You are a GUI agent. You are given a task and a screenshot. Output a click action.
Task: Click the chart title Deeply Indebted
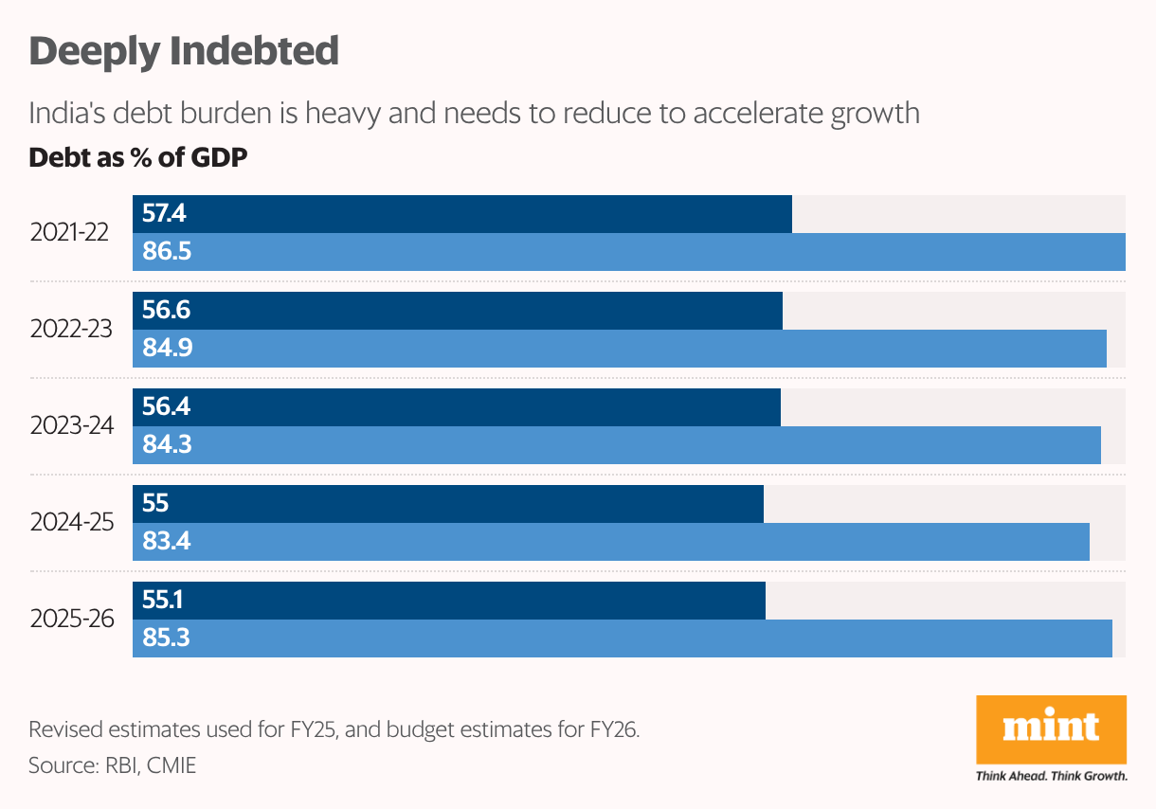pos(184,51)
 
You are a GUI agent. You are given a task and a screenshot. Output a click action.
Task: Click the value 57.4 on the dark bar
pos(164,214)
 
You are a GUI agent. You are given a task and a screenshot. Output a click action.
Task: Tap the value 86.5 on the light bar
pos(167,252)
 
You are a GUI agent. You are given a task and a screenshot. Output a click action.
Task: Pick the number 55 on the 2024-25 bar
pos(155,504)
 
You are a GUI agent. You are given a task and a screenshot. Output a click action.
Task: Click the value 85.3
pos(167,638)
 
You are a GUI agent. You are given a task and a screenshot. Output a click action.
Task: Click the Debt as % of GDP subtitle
pos(138,157)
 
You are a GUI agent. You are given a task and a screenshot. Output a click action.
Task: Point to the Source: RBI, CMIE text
pos(113,765)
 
